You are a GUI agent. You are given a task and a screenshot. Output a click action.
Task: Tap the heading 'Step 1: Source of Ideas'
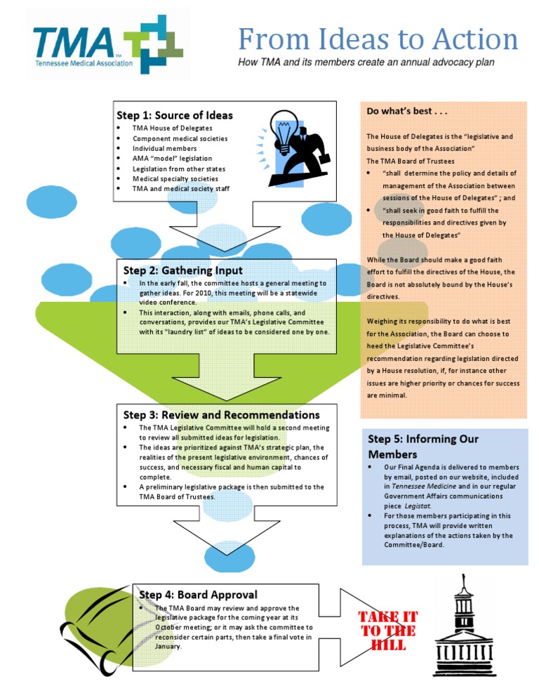174,115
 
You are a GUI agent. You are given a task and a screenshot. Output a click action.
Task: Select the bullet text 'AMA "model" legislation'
172,159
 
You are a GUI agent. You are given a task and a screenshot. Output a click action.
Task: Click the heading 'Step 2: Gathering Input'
182,270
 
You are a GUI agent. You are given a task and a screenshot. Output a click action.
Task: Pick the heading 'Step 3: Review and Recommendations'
221,415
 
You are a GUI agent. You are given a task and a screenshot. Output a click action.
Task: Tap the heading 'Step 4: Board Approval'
198,594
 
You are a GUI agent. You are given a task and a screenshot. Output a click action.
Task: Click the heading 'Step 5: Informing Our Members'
422,447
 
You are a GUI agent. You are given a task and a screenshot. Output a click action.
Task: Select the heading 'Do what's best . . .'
407,112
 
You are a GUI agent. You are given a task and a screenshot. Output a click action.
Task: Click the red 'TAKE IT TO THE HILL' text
387,630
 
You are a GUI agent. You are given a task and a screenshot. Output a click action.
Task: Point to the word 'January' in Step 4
168,646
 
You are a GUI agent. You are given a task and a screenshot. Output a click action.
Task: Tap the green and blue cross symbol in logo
153,46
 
